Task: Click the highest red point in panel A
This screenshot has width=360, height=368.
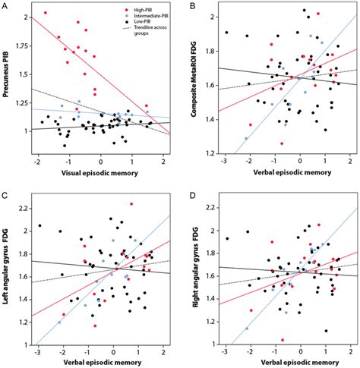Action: click(x=45, y=13)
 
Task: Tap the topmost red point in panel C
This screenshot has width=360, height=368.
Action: click(x=131, y=203)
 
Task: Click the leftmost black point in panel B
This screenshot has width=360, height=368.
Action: click(x=226, y=33)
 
